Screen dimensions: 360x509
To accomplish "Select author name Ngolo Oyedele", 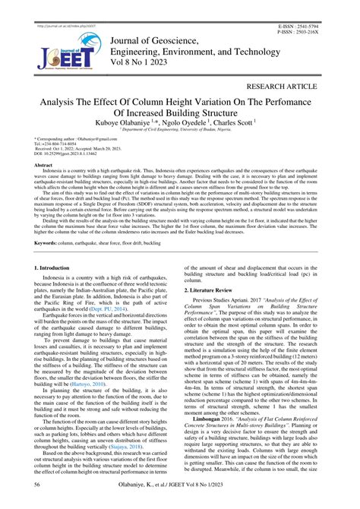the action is pyautogui.click(x=185, y=121).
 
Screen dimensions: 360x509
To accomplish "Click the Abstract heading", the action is pyautogui.click(x=43, y=165).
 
